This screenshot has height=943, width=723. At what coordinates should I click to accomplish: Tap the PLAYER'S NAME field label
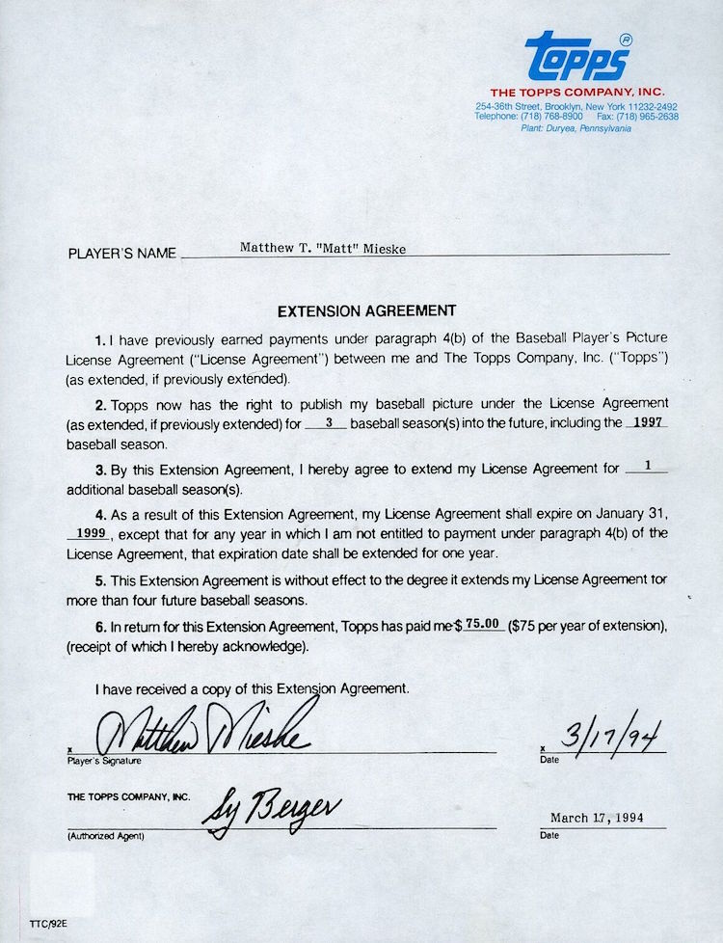click(x=122, y=255)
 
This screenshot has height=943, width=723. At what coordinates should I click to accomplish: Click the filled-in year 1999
click(x=89, y=532)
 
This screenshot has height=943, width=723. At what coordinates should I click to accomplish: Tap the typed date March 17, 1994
click(x=596, y=818)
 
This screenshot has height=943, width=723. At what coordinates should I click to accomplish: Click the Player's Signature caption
click(x=103, y=761)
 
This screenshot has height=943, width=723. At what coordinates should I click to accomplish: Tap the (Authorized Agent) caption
click(x=104, y=835)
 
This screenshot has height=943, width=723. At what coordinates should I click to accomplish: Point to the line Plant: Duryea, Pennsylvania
click(x=576, y=128)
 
